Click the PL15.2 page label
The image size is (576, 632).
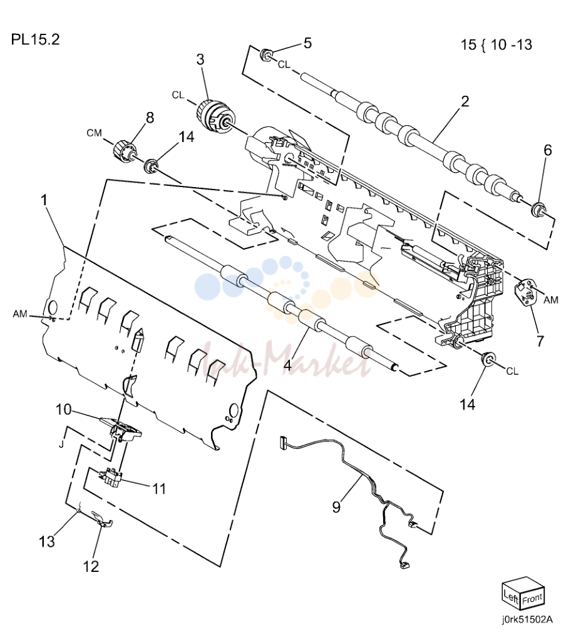click(x=36, y=39)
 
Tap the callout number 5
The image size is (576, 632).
click(x=307, y=43)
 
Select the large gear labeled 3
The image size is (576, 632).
click(x=213, y=117)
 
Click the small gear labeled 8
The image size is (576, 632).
click(x=124, y=151)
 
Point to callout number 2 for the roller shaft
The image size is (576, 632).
click(x=465, y=101)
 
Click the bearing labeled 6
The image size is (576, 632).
click(x=538, y=210)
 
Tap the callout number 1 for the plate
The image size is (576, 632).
click(x=44, y=200)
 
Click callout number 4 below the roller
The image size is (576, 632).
click(x=287, y=365)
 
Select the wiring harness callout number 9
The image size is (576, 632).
click(x=336, y=507)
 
